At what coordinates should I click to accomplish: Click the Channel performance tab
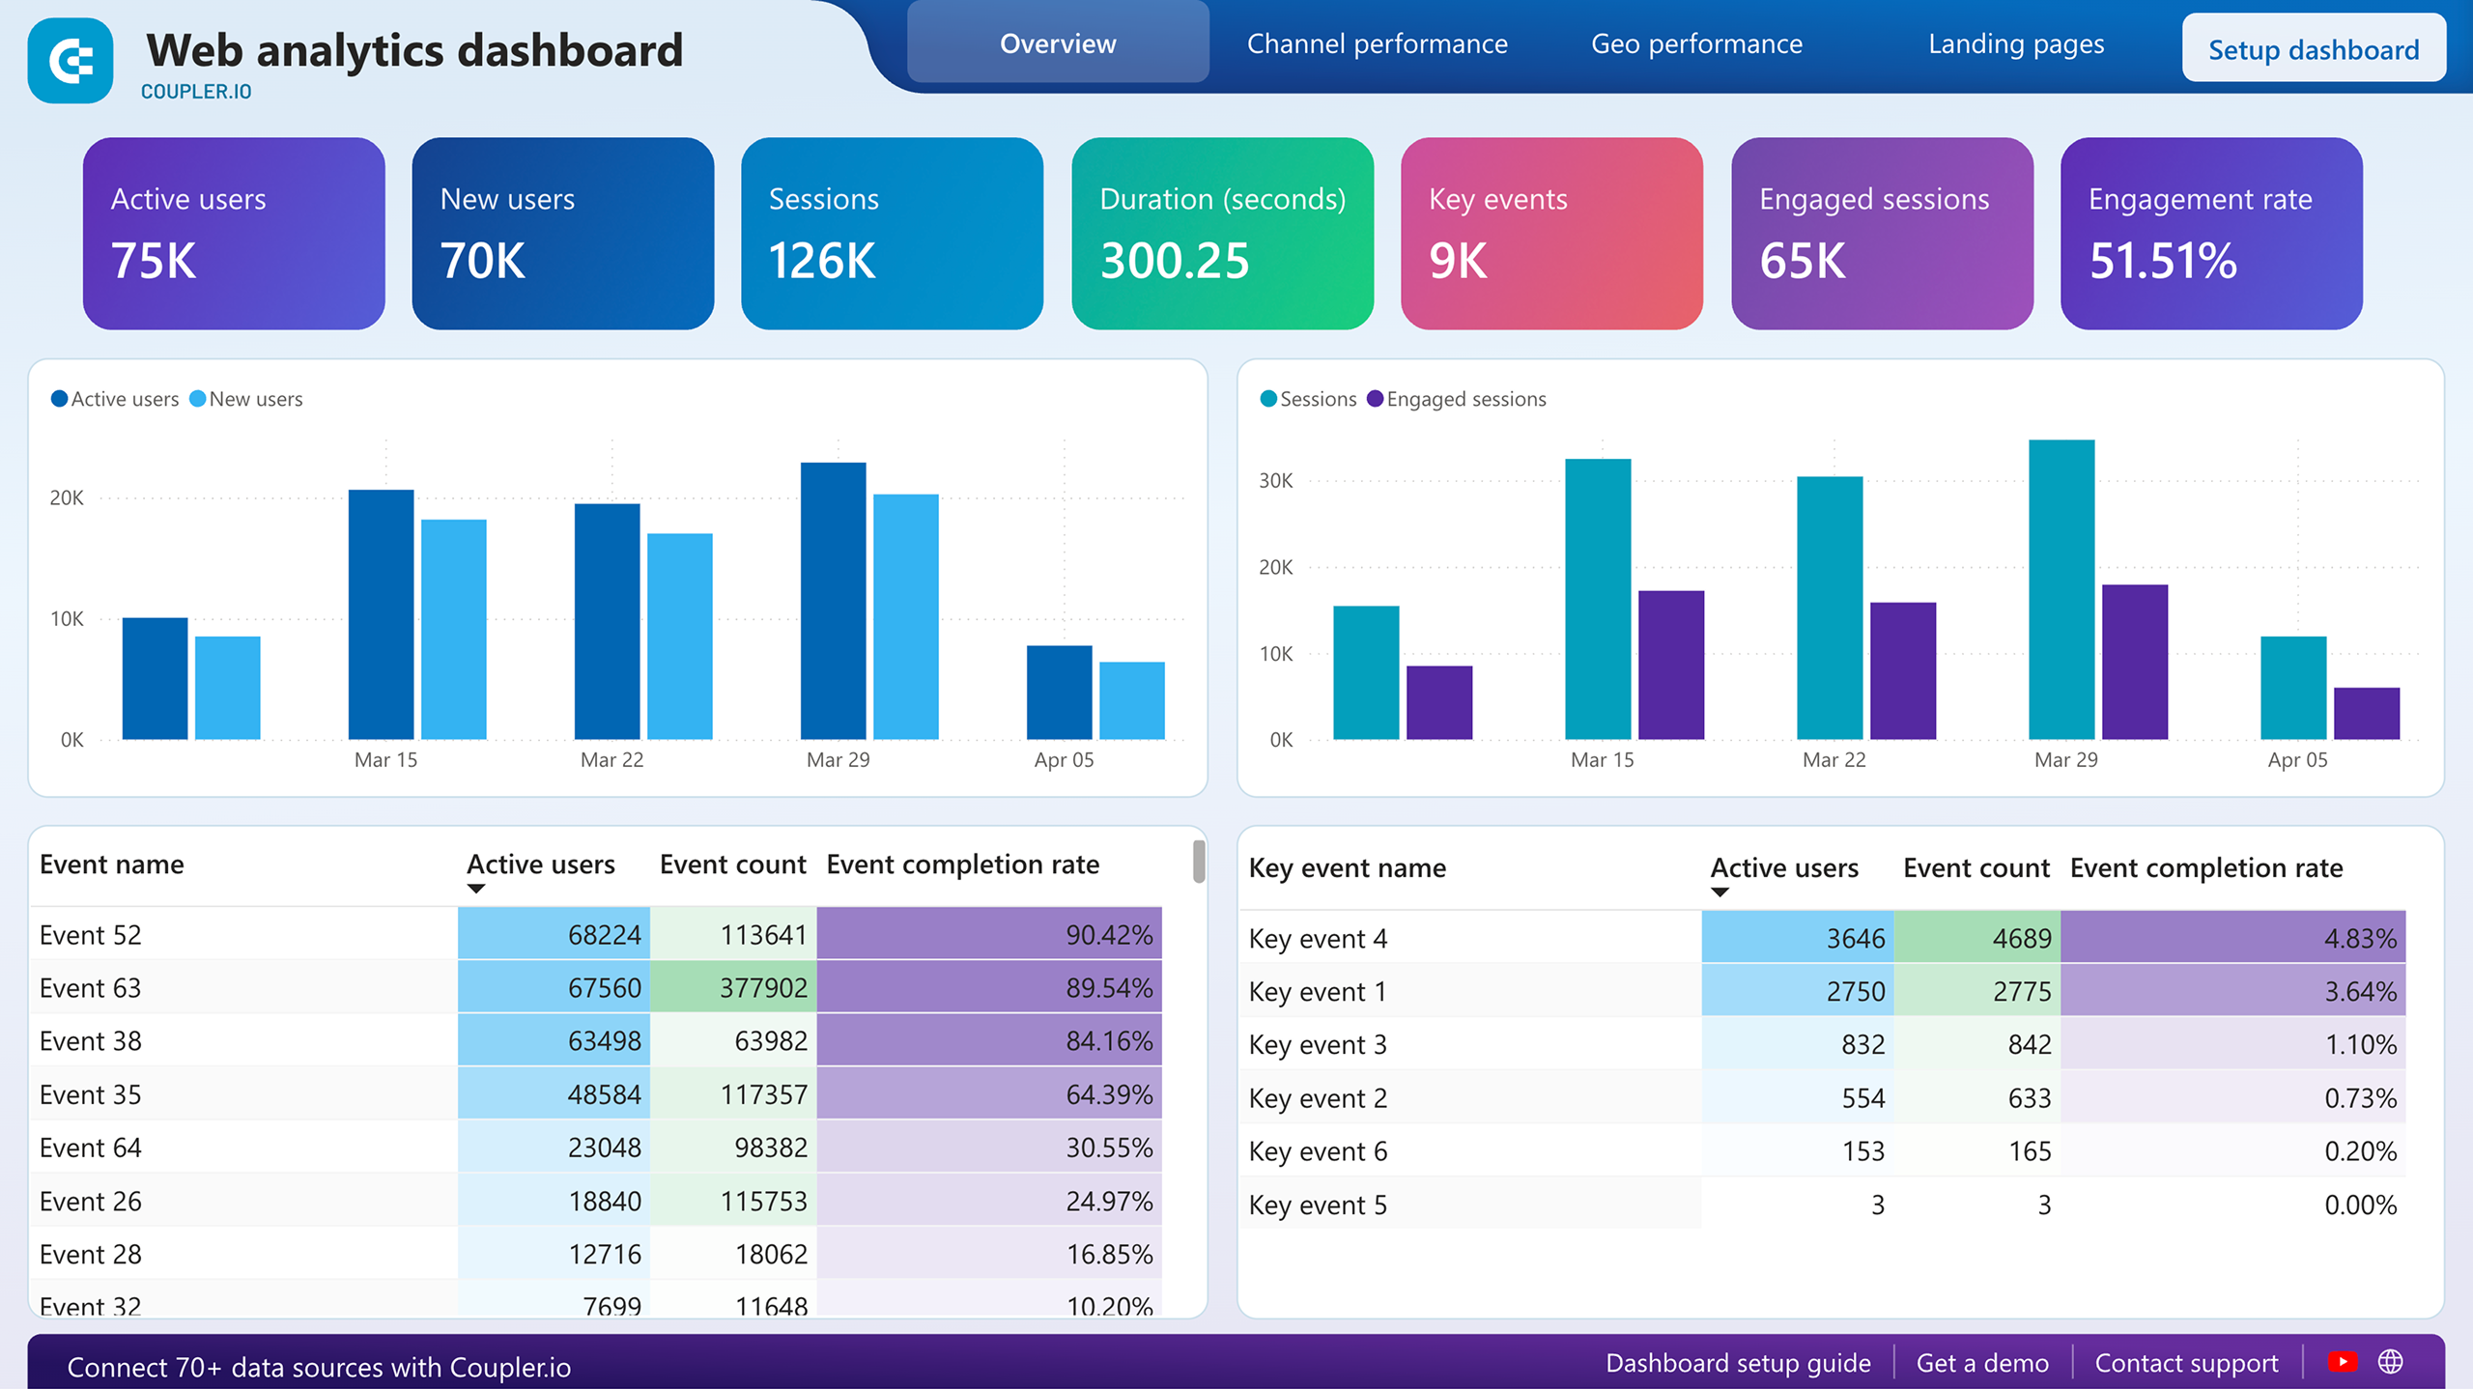(1377, 44)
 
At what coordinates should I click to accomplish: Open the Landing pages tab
(2015, 44)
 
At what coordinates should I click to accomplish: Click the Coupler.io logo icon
(71, 61)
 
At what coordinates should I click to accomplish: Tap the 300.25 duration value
(1174, 261)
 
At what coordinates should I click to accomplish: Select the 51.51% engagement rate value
(2162, 261)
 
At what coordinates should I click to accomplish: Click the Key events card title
(1496, 199)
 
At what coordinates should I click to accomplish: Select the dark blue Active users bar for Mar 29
(833, 601)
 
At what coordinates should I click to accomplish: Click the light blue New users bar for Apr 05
(1131, 700)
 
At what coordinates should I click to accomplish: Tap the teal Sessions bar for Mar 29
(2061, 589)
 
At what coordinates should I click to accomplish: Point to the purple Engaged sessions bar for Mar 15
(1670, 665)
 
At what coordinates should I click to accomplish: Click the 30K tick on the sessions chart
(1275, 481)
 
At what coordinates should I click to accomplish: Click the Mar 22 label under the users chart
(611, 760)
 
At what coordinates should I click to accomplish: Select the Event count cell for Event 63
(733, 988)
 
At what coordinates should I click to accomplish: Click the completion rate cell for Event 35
(988, 1094)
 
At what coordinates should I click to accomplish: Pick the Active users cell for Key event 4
(1797, 939)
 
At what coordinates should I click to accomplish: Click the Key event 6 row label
(1318, 1151)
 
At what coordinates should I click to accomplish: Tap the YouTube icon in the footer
(2343, 1362)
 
